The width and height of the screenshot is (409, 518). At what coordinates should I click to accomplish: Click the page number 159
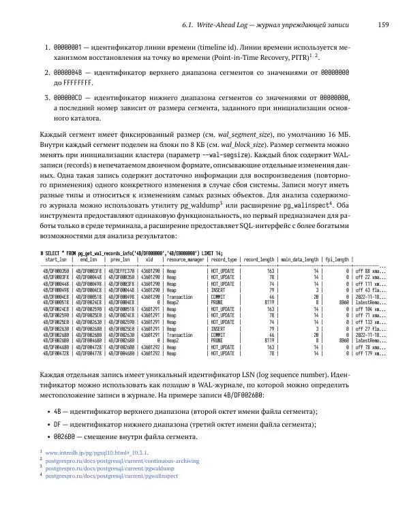pos(383,25)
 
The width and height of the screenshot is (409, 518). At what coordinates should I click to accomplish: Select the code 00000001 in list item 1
pos(68,49)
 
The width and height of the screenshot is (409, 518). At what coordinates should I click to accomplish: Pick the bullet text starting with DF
pos(179,424)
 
